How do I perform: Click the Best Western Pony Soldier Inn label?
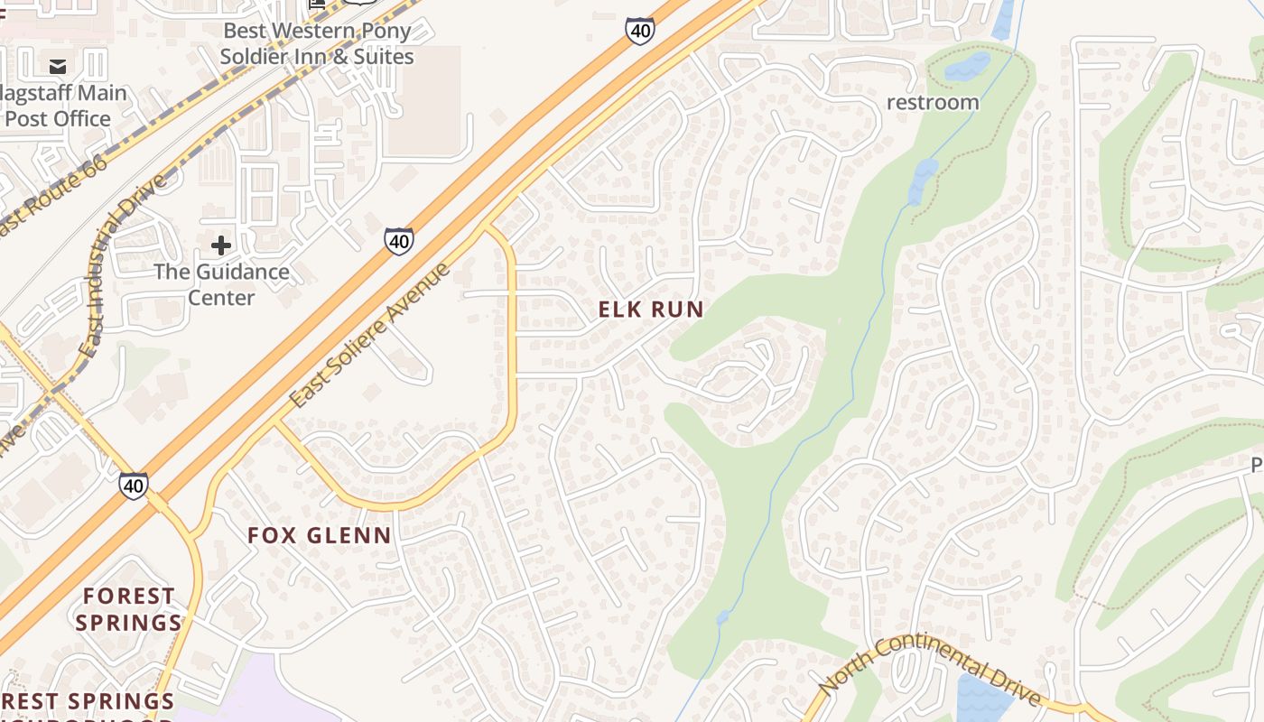pyautogui.click(x=317, y=43)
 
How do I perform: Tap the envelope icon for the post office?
pyautogui.click(x=58, y=66)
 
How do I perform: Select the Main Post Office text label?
pyautogui.click(x=63, y=106)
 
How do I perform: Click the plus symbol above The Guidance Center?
pyautogui.click(x=221, y=245)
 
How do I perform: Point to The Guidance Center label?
pyautogui.click(x=221, y=284)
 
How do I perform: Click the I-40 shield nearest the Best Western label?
pyautogui.click(x=639, y=32)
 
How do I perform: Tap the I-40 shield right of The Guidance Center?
pyautogui.click(x=399, y=241)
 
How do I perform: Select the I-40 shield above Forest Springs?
pyautogui.click(x=134, y=486)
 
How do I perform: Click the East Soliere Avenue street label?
pyautogui.click(x=370, y=334)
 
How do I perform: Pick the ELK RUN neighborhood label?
pyautogui.click(x=651, y=310)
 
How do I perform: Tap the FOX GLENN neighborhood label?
pyautogui.click(x=320, y=535)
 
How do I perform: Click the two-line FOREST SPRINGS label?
pyautogui.click(x=129, y=609)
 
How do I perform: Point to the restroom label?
pyautogui.click(x=933, y=102)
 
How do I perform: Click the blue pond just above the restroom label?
pyautogui.click(x=968, y=65)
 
